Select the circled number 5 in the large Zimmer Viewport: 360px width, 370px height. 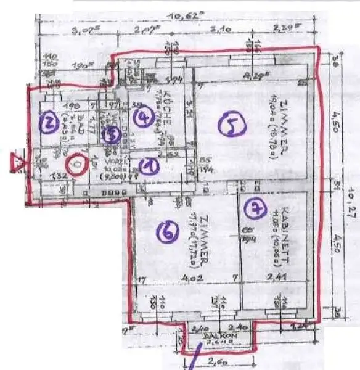click(x=232, y=126)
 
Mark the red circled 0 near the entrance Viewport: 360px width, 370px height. click(x=76, y=164)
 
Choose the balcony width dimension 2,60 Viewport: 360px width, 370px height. click(x=216, y=361)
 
